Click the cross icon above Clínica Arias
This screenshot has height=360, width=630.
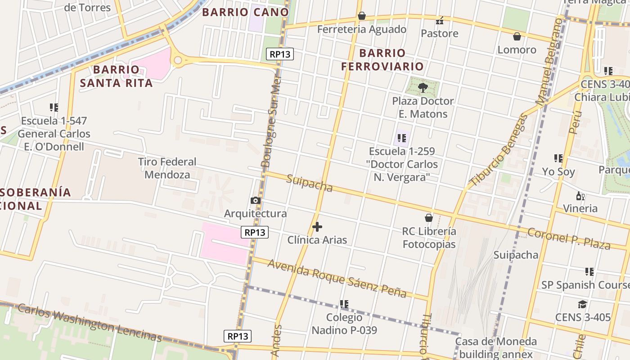tap(317, 226)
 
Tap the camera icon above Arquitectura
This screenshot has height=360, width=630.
tap(256, 200)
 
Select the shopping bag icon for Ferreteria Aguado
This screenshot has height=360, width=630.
tap(361, 16)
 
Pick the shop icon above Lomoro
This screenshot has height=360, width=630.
tap(517, 36)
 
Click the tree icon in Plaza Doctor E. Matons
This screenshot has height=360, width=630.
tap(423, 87)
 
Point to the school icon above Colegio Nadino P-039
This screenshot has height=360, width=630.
tap(344, 304)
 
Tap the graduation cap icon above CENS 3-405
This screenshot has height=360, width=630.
tap(583, 304)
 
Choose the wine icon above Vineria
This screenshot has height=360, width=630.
tap(580, 196)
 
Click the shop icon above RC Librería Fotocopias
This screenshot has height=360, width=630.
tap(429, 218)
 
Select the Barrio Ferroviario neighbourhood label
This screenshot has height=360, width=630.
tap(382, 59)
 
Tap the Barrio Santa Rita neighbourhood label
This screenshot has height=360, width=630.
tap(117, 76)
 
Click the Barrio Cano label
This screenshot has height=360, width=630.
tap(245, 12)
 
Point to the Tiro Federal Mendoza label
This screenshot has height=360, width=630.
tap(167, 168)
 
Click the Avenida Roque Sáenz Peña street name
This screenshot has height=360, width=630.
tap(337, 279)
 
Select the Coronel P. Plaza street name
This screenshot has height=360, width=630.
tap(569, 239)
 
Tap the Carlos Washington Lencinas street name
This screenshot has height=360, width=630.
tap(90, 323)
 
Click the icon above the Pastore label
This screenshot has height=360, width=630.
tap(440, 20)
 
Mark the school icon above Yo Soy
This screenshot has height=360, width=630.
tap(558, 158)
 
